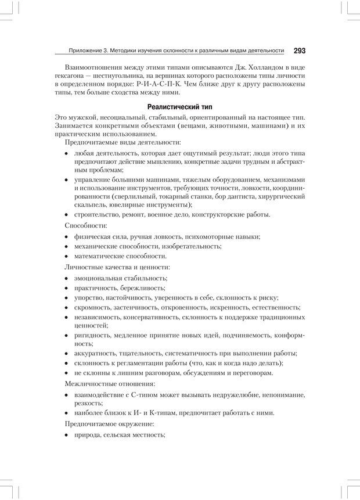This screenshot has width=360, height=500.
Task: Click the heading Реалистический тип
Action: pos(180,107)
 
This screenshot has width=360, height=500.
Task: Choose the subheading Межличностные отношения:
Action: pos(102,384)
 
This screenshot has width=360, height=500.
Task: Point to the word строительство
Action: pos(96,214)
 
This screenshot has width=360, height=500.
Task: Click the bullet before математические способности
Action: pos(67,256)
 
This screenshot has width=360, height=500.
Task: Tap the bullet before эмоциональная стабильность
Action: pos(67,278)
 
